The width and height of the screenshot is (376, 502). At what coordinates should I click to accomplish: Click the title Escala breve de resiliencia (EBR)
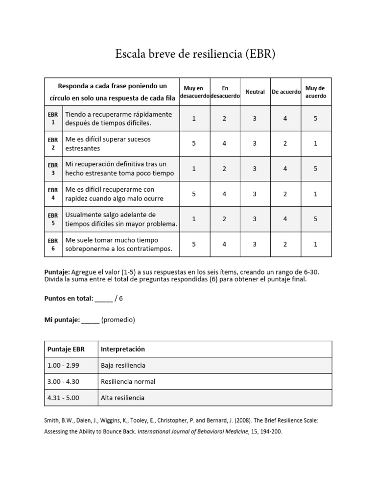point(195,54)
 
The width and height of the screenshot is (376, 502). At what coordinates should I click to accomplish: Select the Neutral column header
point(255,92)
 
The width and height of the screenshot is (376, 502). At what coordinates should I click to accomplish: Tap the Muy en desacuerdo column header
point(194,92)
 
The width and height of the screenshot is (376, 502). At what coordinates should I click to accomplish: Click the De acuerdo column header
point(285,92)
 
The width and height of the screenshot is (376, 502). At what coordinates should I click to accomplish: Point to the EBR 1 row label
point(53,118)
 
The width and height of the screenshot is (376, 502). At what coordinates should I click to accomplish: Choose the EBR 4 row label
point(53,194)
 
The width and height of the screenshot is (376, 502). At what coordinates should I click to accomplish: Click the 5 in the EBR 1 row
point(315,118)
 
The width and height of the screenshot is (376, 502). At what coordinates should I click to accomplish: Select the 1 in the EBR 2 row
point(315,144)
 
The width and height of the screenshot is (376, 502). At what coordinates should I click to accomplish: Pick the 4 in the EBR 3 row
point(285,169)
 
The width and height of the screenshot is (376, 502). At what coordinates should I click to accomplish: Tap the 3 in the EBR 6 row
point(255,244)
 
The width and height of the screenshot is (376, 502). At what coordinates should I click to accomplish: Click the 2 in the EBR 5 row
point(224,219)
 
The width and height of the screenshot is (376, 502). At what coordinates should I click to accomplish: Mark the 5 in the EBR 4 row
point(194,194)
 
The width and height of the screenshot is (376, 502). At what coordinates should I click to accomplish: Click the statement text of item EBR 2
point(108,144)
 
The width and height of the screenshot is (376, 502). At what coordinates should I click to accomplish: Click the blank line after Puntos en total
point(103,299)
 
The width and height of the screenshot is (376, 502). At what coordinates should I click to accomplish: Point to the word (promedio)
point(118,320)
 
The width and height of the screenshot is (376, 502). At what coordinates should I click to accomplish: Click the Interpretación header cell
point(123,349)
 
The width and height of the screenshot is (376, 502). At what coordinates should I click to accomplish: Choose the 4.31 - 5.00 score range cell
point(63,398)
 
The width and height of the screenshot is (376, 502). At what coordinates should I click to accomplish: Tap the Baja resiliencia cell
point(123,365)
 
